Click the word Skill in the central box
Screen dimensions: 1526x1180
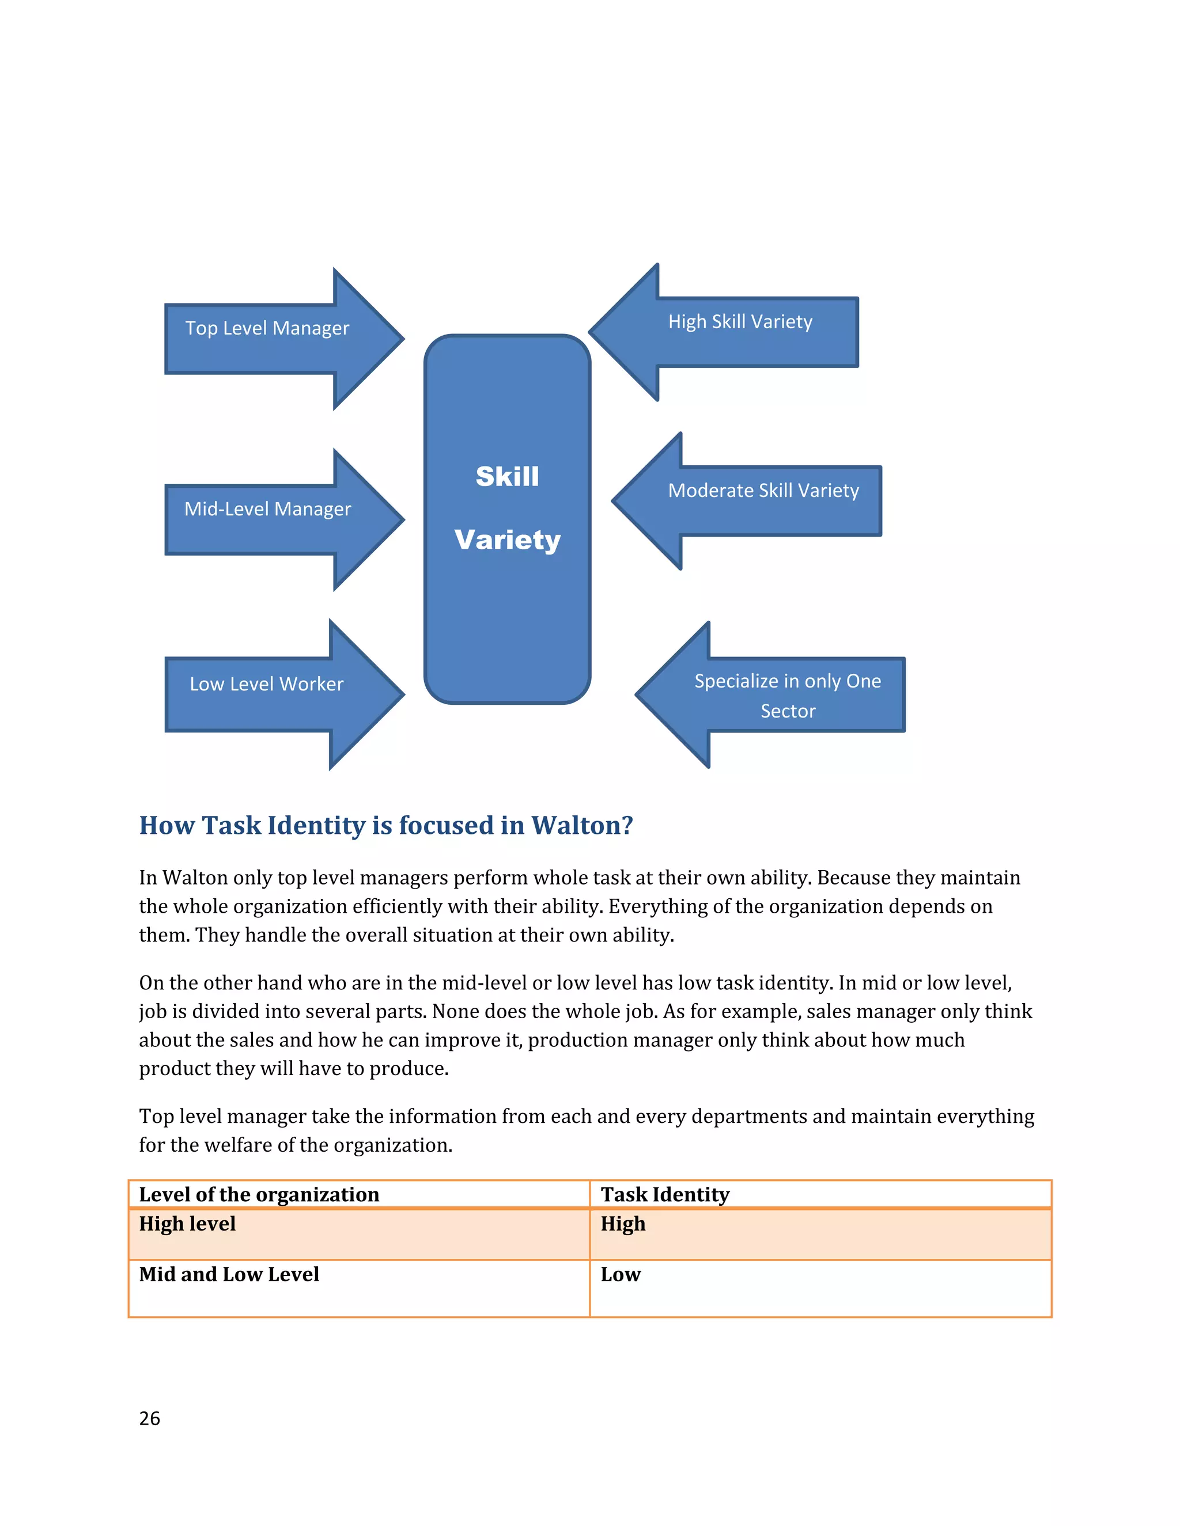tap(508, 477)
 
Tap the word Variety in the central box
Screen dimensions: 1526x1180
tap(508, 540)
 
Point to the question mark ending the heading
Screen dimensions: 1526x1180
tap(627, 825)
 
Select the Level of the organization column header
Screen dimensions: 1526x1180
tap(259, 1194)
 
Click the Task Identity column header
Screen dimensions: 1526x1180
tap(665, 1194)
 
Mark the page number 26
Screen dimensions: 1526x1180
tap(150, 1418)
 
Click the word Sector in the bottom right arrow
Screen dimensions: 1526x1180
tap(788, 711)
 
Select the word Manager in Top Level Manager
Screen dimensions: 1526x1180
tap(312, 328)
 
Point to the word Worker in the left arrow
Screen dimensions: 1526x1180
tap(312, 684)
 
